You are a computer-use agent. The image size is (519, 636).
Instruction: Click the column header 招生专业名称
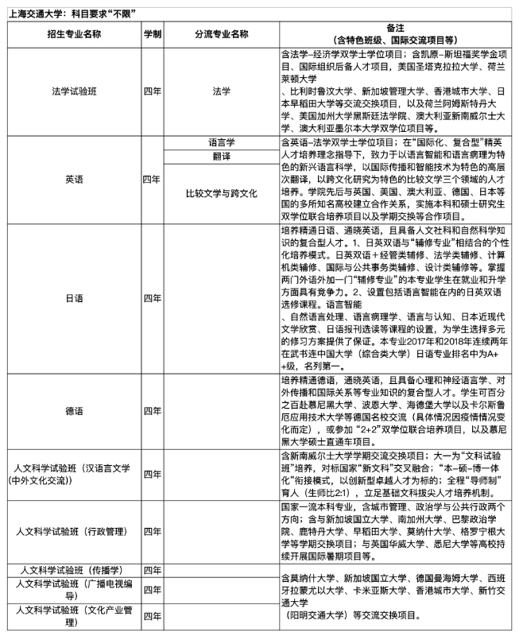pyautogui.click(x=74, y=35)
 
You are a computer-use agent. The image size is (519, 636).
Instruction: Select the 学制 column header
pyautogui.click(x=153, y=35)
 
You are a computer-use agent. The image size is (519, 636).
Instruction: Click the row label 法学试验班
pyautogui.click(x=74, y=91)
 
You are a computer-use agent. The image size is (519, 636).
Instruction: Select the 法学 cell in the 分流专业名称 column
pyautogui.click(x=221, y=91)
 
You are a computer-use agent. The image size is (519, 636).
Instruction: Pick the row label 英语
pyautogui.click(x=74, y=180)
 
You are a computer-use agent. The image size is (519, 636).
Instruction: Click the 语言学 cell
pyautogui.click(x=221, y=143)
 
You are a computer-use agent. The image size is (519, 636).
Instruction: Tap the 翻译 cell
pyautogui.click(x=221, y=157)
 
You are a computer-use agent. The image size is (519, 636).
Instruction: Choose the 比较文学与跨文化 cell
pyautogui.click(x=221, y=193)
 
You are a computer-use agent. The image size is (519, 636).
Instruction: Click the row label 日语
pyautogui.click(x=74, y=297)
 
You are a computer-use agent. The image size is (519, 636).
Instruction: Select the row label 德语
pyautogui.click(x=74, y=411)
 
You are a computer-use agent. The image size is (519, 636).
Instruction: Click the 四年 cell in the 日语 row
pyautogui.click(x=153, y=297)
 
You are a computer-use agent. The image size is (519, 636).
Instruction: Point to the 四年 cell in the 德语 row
pyautogui.click(x=153, y=411)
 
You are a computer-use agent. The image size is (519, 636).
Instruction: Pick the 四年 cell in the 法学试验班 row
pyautogui.click(x=153, y=91)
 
